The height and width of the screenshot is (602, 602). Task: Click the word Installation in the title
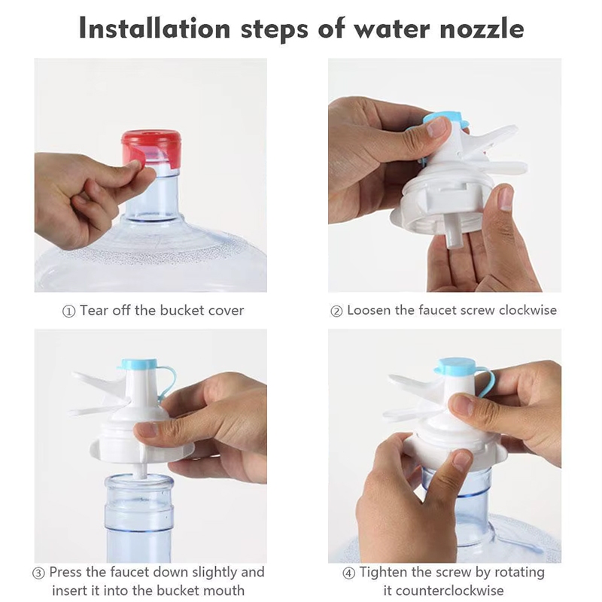pyautogui.click(x=154, y=29)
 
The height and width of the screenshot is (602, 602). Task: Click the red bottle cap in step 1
pyautogui.click(x=151, y=149)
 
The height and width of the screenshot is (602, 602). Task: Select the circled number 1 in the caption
pyautogui.click(x=68, y=311)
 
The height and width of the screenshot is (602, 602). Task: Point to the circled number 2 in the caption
pyautogui.click(x=336, y=311)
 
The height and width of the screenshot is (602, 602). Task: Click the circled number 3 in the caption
pyautogui.click(x=38, y=573)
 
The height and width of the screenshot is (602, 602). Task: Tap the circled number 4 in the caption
pyautogui.click(x=348, y=573)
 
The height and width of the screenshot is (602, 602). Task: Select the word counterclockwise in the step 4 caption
pyautogui.click(x=443, y=590)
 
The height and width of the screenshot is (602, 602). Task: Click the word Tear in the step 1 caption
pyautogui.click(x=93, y=310)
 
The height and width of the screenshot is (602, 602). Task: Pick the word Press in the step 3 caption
pyautogui.click(x=65, y=572)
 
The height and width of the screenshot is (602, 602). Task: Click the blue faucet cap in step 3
pyautogui.click(x=139, y=364)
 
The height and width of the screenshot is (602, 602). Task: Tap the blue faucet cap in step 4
pyautogui.click(x=456, y=366)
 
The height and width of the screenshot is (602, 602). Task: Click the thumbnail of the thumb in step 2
pyautogui.click(x=437, y=127)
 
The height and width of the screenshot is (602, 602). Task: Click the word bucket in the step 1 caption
pyautogui.click(x=182, y=310)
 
